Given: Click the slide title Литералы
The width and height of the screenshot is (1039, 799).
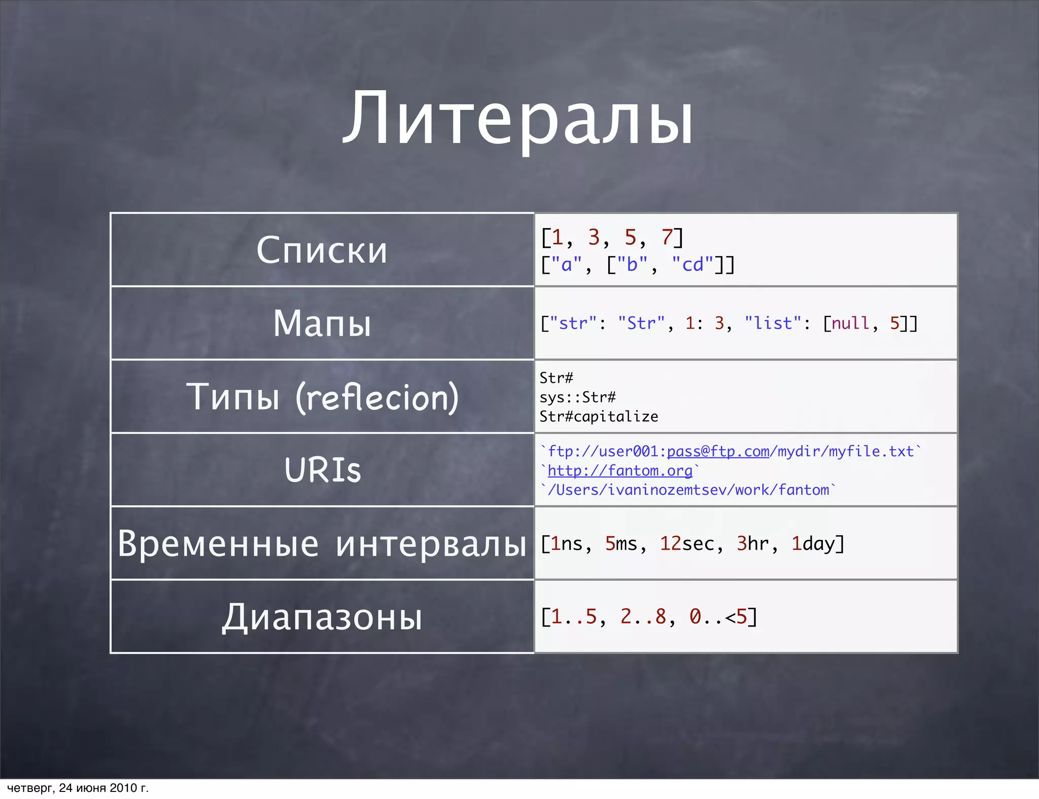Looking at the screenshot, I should [518, 120].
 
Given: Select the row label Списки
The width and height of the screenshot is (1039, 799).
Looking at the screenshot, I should [322, 250].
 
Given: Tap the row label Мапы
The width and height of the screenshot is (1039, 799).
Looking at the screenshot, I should [322, 323].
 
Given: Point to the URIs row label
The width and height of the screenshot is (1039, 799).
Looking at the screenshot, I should [322, 470].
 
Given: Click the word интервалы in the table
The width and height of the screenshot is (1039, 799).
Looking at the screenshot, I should [431, 543].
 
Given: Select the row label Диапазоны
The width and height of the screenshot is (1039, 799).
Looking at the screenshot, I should [322, 617].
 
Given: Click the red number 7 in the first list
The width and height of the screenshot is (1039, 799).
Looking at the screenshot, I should [667, 237].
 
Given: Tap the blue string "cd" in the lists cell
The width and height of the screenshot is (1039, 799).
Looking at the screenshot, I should [692, 265].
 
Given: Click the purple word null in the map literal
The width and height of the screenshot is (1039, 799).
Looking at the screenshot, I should [850, 323].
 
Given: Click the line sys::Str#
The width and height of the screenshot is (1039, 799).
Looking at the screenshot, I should [577, 397].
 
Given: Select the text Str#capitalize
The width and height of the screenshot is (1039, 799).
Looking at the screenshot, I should [599, 417].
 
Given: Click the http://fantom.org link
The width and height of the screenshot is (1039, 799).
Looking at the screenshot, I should [620, 470].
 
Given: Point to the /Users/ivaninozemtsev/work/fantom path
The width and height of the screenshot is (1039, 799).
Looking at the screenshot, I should [688, 490].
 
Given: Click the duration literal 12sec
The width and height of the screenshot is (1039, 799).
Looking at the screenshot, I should [687, 543].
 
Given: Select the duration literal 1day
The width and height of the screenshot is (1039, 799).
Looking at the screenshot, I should [813, 543].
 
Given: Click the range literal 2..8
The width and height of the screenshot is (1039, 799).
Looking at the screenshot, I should [643, 617].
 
